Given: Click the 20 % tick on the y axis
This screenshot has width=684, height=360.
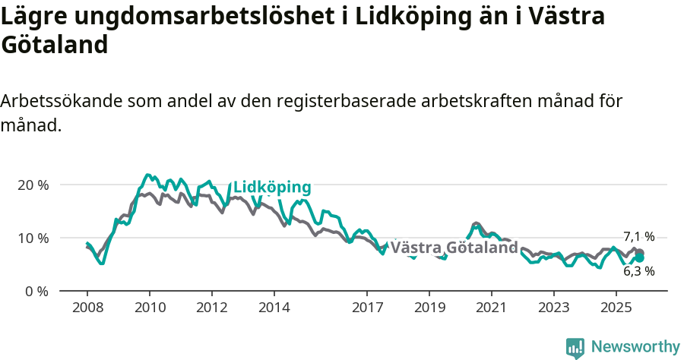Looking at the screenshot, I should tap(32, 185).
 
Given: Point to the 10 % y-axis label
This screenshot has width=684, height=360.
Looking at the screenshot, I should tap(32, 238).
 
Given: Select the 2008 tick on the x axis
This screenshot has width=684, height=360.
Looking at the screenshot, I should tap(87, 309).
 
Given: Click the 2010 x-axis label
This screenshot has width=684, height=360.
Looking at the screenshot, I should tap(149, 309).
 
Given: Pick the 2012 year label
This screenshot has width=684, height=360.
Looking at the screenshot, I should tap(211, 309).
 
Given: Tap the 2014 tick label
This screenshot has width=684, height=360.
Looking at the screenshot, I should tap(274, 309).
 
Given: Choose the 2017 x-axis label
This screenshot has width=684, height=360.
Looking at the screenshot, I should tap(366, 309).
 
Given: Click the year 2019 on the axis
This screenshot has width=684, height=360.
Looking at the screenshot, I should tap(429, 309).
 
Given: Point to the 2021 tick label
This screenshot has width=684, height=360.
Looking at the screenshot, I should tap(491, 309).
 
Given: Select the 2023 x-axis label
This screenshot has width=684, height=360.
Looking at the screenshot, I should tap(553, 309).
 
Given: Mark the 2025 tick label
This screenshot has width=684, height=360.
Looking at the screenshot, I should tap(616, 309).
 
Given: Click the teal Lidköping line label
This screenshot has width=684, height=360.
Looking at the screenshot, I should tap(272, 188).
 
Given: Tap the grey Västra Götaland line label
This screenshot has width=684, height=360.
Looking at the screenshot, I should tap(454, 248).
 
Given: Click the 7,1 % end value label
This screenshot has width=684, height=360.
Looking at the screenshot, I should tap(638, 236).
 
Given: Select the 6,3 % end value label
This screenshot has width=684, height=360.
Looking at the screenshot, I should tap(638, 270).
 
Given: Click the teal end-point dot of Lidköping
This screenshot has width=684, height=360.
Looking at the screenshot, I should tap(639, 258).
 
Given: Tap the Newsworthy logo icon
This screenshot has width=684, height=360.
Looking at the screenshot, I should tap(575, 348).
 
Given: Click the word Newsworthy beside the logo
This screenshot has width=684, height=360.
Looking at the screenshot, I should tap(635, 347).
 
